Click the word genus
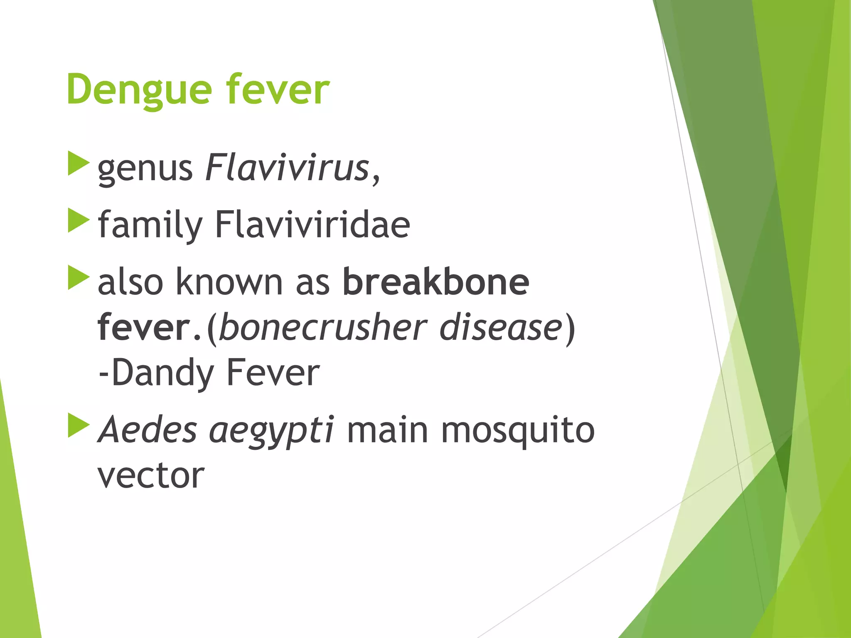click(x=145, y=169)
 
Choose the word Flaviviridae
click(x=312, y=225)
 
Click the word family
click(x=150, y=226)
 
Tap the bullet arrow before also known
click(x=78, y=277)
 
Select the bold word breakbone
click(x=436, y=282)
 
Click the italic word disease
click(x=501, y=327)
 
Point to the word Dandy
click(x=162, y=373)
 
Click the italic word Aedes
click(x=147, y=429)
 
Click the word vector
click(x=151, y=475)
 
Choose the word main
click(x=387, y=429)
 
